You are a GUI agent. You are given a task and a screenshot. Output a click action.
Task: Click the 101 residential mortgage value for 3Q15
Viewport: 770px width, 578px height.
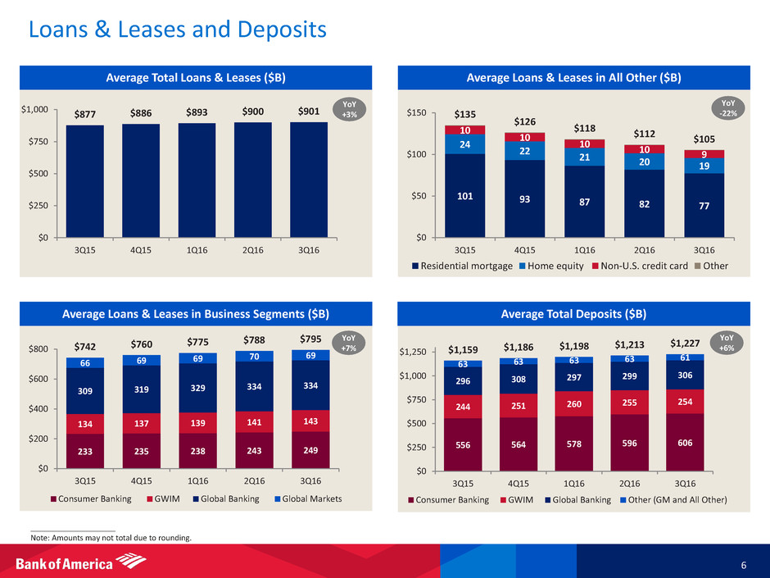pos(464,196)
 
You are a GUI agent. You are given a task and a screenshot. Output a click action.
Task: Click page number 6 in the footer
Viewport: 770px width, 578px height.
pos(741,565)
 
